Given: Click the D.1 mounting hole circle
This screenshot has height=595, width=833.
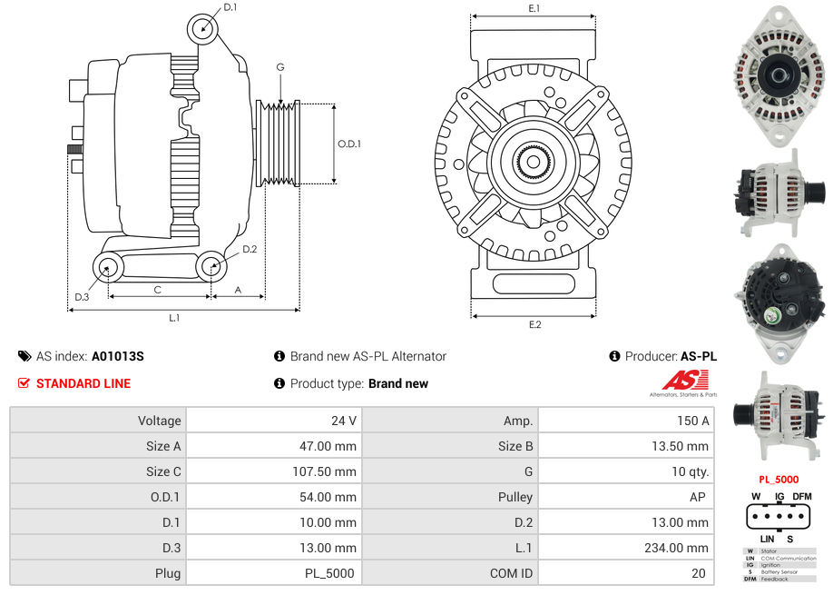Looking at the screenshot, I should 203,29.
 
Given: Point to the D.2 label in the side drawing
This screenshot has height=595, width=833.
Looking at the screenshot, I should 250,249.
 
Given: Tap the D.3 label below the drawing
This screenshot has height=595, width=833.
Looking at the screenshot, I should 82,297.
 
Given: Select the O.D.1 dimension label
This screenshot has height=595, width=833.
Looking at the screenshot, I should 349,144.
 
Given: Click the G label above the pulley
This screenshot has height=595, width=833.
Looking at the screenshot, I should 280,67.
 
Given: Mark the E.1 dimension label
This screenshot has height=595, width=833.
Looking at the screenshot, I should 534,8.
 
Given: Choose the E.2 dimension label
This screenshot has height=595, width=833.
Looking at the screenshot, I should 534,324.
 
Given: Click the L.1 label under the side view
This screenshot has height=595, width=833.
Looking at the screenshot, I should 174,318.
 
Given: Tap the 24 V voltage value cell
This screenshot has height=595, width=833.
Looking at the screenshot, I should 344,421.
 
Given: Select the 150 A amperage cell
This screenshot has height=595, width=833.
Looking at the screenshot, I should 693,421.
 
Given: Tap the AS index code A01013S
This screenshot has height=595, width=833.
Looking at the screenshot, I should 118,356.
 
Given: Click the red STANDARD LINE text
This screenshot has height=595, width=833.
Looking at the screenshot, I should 83,383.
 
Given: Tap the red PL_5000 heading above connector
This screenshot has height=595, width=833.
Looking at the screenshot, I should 778,479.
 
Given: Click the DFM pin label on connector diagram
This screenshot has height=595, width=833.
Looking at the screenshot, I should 802,496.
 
